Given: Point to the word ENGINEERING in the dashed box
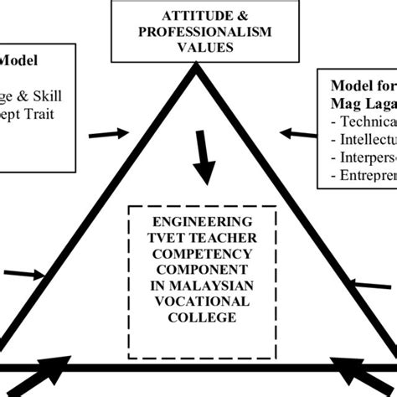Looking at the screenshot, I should coord(199,222).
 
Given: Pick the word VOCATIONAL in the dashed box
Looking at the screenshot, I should coord(199,302).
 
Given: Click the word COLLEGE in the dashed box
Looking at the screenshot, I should coord(199,317).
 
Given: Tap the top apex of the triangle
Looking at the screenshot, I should coord(198,72).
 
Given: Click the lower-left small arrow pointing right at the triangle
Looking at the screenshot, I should coord(29,272).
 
